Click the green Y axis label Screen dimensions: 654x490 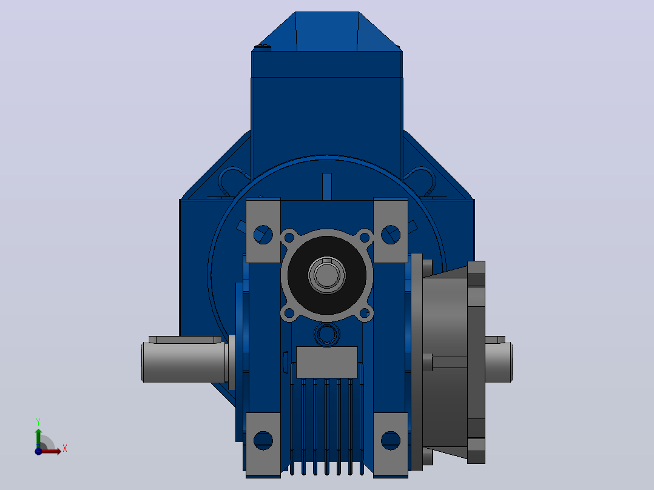(38, 422)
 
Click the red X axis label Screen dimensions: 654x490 (65, 449)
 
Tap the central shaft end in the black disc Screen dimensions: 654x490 (327, 275)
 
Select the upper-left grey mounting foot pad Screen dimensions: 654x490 (263, 230)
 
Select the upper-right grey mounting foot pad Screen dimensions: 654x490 (391, 230)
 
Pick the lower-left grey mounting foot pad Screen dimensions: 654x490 (263, 444)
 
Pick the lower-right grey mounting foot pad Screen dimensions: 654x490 (391, 444)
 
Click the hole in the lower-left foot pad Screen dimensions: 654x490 (263, 440)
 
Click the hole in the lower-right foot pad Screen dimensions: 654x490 (391, 440)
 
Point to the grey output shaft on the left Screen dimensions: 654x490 (185, 362)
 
